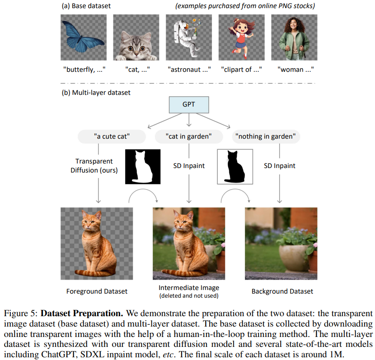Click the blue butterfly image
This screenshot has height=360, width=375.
[84, 37]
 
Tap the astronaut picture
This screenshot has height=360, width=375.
[188, 37]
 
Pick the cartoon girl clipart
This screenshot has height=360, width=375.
[241, 37]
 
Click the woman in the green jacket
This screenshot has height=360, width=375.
[294, 37]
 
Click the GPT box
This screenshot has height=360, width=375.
[189, 104]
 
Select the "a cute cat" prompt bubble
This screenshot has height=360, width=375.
[111, 136]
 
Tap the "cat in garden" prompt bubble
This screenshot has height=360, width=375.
[189, 136]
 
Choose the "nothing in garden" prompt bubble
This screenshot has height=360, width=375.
[266, 136]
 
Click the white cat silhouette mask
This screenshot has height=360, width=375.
[142, 166]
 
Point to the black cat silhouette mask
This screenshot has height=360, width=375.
[235, 166]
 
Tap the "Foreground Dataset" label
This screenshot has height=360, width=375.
[97, 291]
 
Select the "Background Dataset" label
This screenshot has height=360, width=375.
[282, 291]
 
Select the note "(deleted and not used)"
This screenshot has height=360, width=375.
[189, 296]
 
